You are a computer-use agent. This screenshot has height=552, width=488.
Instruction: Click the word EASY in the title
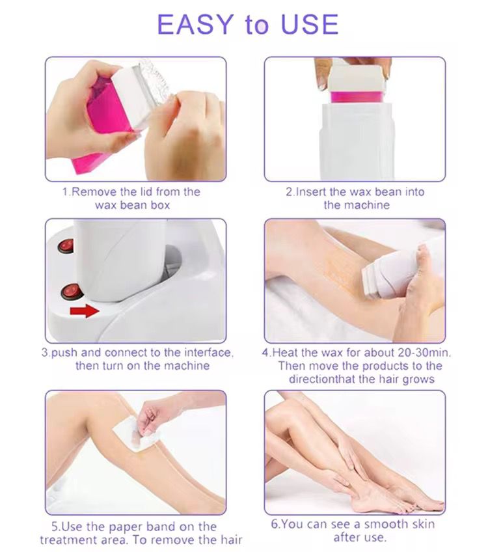195,24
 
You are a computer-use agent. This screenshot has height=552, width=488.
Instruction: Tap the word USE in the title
309,24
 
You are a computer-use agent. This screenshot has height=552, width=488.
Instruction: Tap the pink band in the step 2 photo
355,97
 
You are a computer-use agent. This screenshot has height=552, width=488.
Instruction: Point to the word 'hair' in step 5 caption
229,539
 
